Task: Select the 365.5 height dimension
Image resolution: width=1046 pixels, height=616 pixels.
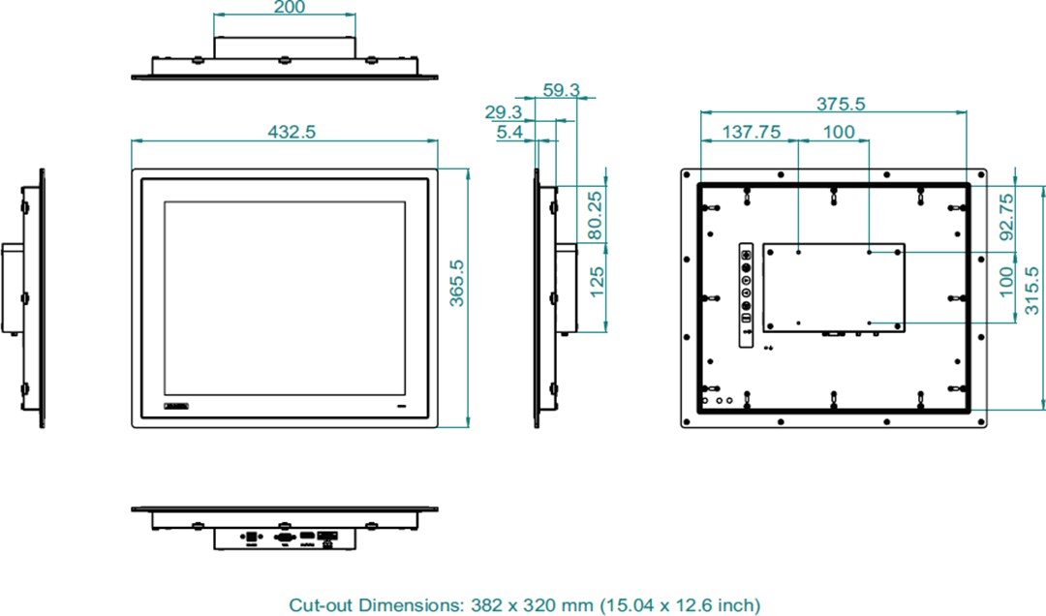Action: point(457,283)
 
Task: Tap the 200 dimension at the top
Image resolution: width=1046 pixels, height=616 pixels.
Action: point(289,8)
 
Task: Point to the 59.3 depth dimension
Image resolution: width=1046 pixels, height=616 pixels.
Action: point(561,90)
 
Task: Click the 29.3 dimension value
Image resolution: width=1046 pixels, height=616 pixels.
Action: point(504,112)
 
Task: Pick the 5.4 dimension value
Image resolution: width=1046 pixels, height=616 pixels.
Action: point(509,133)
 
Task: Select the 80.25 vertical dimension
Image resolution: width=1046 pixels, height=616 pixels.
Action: point(597,214)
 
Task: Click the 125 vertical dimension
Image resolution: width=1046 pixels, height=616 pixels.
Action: point(597,282)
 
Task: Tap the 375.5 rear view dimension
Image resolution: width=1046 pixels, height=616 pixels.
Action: point(840,104)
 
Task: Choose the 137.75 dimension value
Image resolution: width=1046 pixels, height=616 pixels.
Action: point(753,133)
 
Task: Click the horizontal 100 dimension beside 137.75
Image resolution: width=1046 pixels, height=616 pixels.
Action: point(839,133)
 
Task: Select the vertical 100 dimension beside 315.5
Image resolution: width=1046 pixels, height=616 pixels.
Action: point(1006,282)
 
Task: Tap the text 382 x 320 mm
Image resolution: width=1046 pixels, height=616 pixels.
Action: point(527,605)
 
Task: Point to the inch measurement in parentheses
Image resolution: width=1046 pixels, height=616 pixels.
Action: point(678,605)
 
